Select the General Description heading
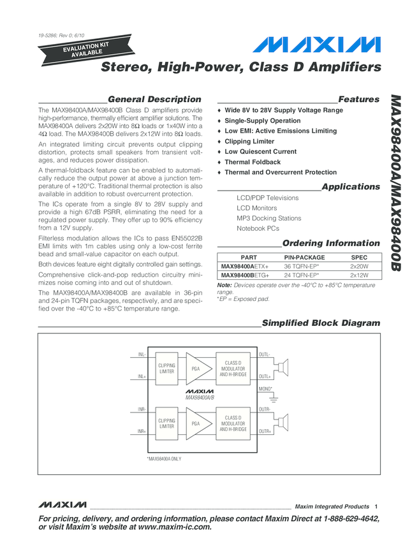(x=155, y=99)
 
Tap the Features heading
(x=358, y=99)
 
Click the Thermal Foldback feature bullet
(x=253, y=162)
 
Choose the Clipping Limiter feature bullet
(x=249, y=142)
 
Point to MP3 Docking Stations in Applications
(x=268, y=218)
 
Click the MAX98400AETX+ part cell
(x=245, y=266)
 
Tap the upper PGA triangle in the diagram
(x=195, y=369)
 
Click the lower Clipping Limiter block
(x=166, y=423)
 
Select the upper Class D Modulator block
(x=233, y=369)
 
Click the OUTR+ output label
(x=265, y=432)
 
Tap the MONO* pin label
(x=266, y=388)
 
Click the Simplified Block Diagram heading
(x=321, y=323)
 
